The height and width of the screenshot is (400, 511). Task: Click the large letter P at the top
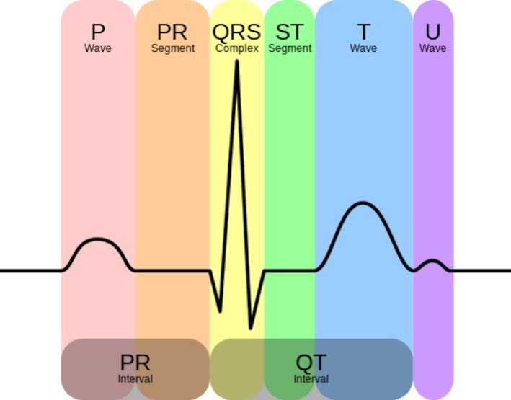click(x=98, y=32)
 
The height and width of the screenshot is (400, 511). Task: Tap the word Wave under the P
click(x=98, y=48)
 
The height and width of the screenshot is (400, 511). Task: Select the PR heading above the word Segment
click(x=172, y=32)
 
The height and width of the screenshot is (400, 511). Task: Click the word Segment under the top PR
click(x=173, y=48)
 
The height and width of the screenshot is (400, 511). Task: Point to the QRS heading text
click(x=236, y=32)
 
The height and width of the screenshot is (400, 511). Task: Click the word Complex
click(x=237, y=48)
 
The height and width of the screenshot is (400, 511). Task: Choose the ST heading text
click(x=290, y=32)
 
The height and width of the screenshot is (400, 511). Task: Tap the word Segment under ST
click(x=290, y=48)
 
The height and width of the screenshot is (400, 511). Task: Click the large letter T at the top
click(x=364, y=32)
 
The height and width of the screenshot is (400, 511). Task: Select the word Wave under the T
click(x=363, y=48)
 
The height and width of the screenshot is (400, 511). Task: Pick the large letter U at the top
click(x=432, y=32)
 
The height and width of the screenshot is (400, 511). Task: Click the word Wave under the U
click(x=432, y=48)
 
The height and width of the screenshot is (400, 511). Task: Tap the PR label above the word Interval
click(x=135, y=363)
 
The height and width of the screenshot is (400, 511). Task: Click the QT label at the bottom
click(x=311, y=363)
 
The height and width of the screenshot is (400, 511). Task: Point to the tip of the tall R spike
click(x=237, y=61)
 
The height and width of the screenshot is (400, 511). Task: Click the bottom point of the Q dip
click(x=221, y=311)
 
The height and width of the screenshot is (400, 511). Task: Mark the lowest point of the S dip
click(x=250, y=328)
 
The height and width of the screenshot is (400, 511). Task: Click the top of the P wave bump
click(x=97, y=239)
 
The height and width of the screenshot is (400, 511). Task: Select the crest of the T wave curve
click(x=363, y=203)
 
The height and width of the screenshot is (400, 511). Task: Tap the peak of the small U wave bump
click(x=432, y=260)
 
